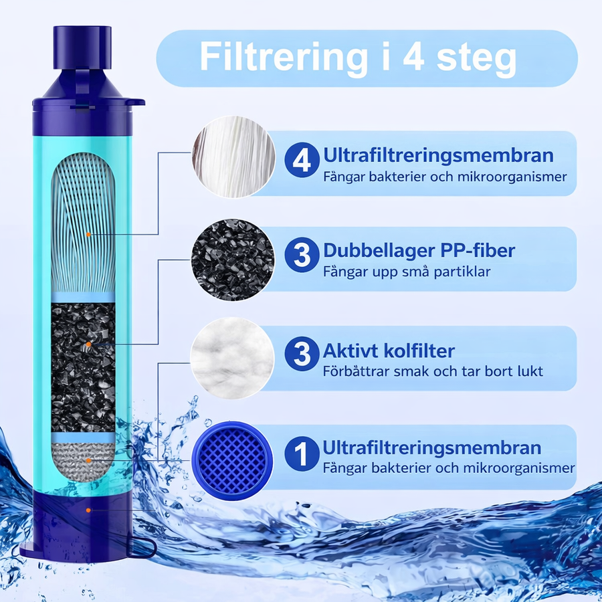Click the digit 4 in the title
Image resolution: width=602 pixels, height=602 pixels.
(413, 56)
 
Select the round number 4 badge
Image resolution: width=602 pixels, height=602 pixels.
(302, 160)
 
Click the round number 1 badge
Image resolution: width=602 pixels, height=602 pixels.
(302, 454)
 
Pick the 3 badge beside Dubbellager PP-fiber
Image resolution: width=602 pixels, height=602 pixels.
(302, 255)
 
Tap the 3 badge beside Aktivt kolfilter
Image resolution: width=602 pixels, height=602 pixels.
(302, 354)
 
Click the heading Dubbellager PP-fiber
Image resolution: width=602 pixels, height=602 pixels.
(419, 251)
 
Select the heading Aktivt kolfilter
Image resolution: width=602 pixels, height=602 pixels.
(389, 350)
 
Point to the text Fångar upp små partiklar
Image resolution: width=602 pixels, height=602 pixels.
(407, 272)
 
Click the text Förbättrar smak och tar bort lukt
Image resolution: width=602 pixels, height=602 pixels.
(433, 371)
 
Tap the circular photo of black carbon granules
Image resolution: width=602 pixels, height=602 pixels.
(233, 260)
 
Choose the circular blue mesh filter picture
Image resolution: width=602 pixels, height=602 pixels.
(232, 461)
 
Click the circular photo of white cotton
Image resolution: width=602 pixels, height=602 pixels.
(232, 359)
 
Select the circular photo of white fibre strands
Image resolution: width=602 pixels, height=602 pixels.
(234, 157)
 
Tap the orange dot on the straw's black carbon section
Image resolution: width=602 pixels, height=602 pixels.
(88, 344)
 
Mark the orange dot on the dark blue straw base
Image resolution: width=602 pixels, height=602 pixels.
(88, 510)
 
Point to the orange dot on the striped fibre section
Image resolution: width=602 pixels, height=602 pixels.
(88, 234)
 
